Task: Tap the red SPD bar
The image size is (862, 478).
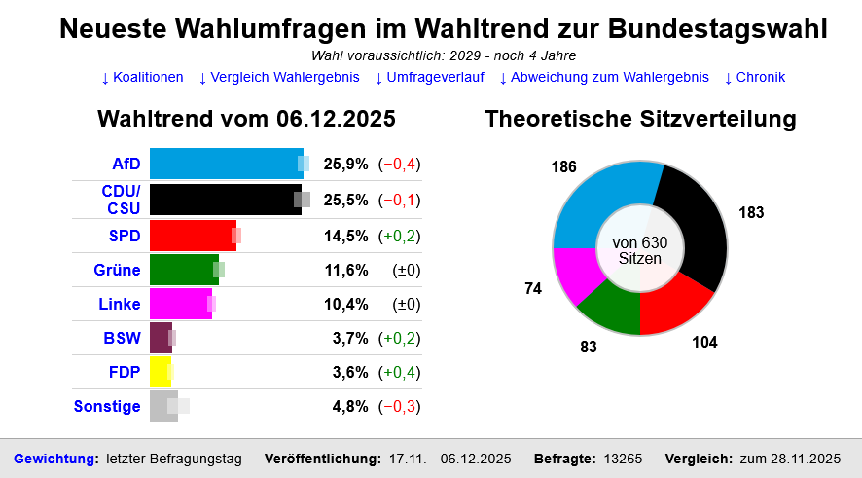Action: pyautogui.click(x=193, y=236)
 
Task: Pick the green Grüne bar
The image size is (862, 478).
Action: pyautogui.click(x=184, y=270)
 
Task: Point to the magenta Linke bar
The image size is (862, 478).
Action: pyautogui.click(x=180, y=304)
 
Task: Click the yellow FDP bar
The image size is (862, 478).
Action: pyautogui.click(x=161, y=372)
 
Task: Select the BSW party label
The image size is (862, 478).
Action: pyautogui.click(x=123, y=339)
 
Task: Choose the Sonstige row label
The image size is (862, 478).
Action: pyautogui.click(x=107, y=406)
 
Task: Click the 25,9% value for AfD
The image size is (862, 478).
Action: pyautogui.click(x=345, y=164)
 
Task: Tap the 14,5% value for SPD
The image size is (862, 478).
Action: pyautogui.click(x=345, y=236)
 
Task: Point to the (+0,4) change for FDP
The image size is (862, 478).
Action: pyautogui.click(x=400, y=372)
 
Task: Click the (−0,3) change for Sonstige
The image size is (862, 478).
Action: pyautogui.click(x=400, y=406)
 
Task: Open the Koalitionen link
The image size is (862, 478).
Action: pyautogui.click(x=142, y=77)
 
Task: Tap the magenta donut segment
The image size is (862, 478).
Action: pyautogui.click(x=574, y=275)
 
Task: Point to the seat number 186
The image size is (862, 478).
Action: pyautogui.click(x=563, y=166)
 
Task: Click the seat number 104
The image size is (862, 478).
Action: pyautogui.click(x=704, y=342)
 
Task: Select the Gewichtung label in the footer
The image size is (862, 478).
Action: pyautogui.click(x=55, y=459)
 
